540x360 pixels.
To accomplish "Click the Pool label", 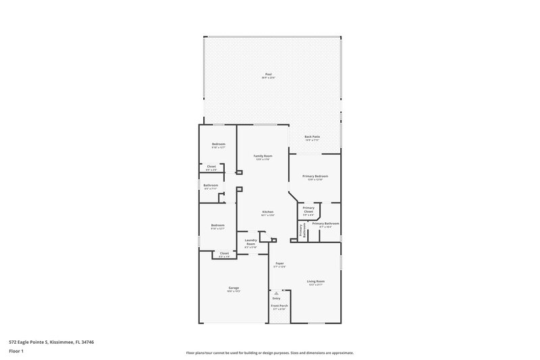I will click(268, 74).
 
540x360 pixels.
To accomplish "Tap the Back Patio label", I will click(312, 136).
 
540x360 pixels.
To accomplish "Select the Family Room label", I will click(262, 156).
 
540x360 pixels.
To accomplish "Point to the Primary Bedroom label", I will click(315, 176).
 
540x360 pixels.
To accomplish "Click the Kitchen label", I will click(268, 212).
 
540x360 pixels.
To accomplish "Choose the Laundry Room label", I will click(250, 242).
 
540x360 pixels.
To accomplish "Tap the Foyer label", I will click(279, 263).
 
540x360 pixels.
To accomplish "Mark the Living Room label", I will click(316, 281).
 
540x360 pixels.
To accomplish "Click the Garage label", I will click(234, 288).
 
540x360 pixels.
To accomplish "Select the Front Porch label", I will click(280, 306).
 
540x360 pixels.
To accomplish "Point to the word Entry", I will click(276, 298).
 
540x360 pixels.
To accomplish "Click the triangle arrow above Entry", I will click(276, 292).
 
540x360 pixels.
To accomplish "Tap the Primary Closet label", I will click(308, 209).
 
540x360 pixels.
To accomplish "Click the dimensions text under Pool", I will click(268, 78).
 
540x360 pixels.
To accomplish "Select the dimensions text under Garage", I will click(234, 292).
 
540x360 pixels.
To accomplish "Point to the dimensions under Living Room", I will click(316, 285).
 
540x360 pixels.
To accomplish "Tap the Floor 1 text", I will click(13, 351).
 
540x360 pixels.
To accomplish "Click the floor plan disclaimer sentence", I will click(270, 353).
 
